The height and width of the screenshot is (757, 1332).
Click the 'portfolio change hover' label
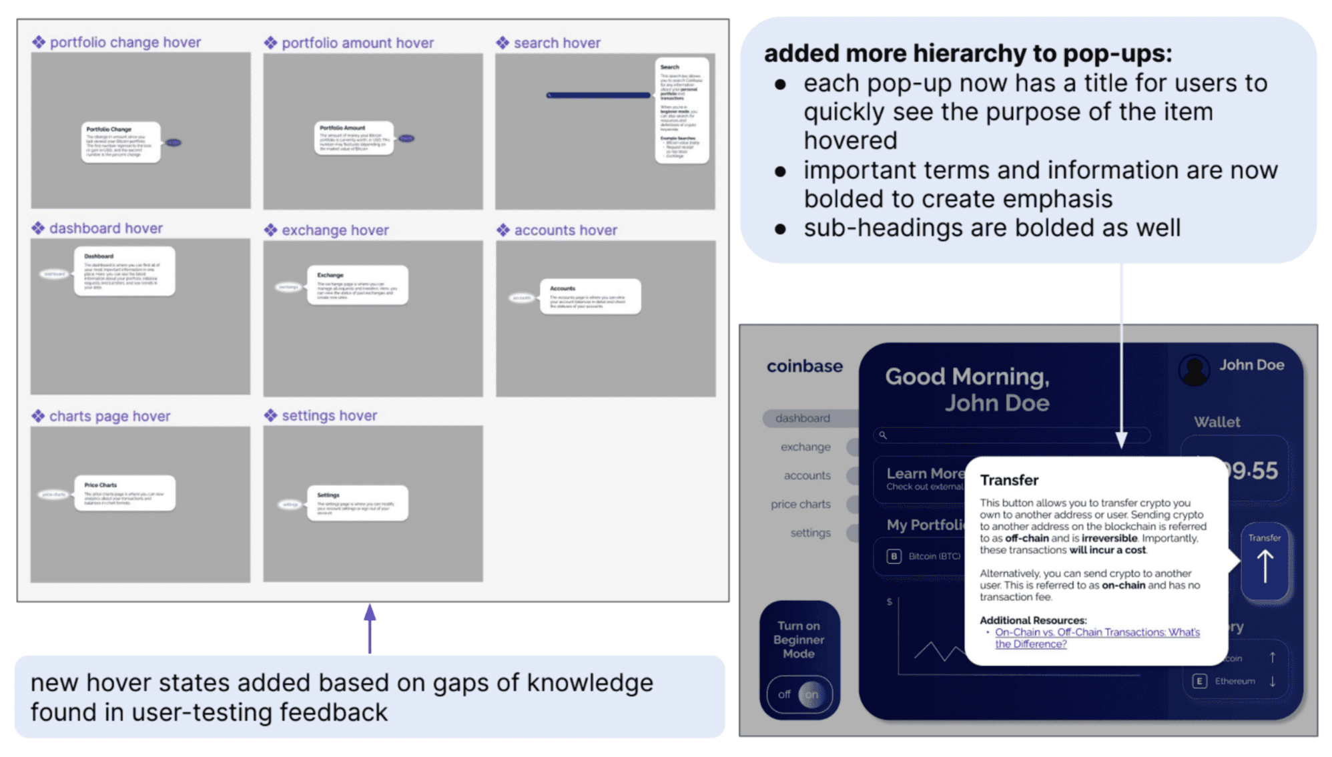click(125, 42)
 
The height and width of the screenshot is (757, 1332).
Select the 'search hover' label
click(557, 43)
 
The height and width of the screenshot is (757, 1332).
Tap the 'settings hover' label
click(329, 415)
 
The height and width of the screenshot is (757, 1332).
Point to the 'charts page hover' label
click(109, 416)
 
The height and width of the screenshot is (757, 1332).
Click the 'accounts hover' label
click(565, 230)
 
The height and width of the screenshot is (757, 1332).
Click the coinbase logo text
click(804, 366)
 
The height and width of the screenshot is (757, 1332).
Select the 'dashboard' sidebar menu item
click(802, 418)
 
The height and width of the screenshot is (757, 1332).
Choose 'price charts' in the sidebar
click(800, 504)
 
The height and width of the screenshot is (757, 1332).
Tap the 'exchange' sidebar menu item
click(805, 447)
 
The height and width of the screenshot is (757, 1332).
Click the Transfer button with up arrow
click(1264, 561)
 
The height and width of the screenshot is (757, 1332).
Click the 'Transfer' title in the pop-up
click(1009, 480)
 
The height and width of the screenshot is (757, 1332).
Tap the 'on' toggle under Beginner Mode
click(811, 694)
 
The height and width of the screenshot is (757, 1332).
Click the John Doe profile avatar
click(1194, 368)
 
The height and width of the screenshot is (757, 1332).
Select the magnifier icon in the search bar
click(883, 435)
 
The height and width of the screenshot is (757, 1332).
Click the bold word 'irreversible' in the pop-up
click(1109, 538)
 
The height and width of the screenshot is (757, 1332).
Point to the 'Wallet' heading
click(1217, 422)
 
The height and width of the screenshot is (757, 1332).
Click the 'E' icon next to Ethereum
click(1199, 681)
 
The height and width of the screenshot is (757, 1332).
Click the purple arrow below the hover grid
click(370, 628)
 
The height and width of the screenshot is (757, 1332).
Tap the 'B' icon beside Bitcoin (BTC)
click(894, 556)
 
